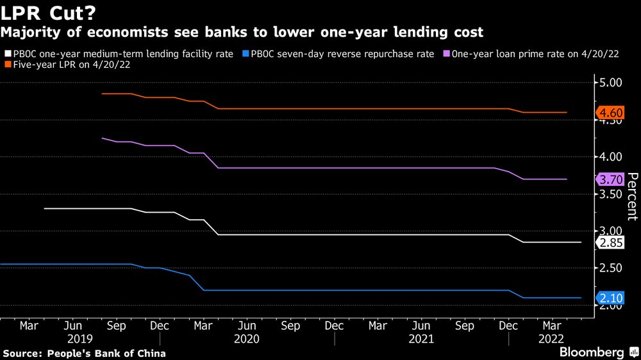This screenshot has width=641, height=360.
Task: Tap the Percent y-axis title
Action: [631, 196]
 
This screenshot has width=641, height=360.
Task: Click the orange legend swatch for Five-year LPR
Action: [7, 65]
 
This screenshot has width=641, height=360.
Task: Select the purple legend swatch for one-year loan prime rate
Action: [446, 54]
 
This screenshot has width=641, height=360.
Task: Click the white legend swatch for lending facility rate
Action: [7, 54]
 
